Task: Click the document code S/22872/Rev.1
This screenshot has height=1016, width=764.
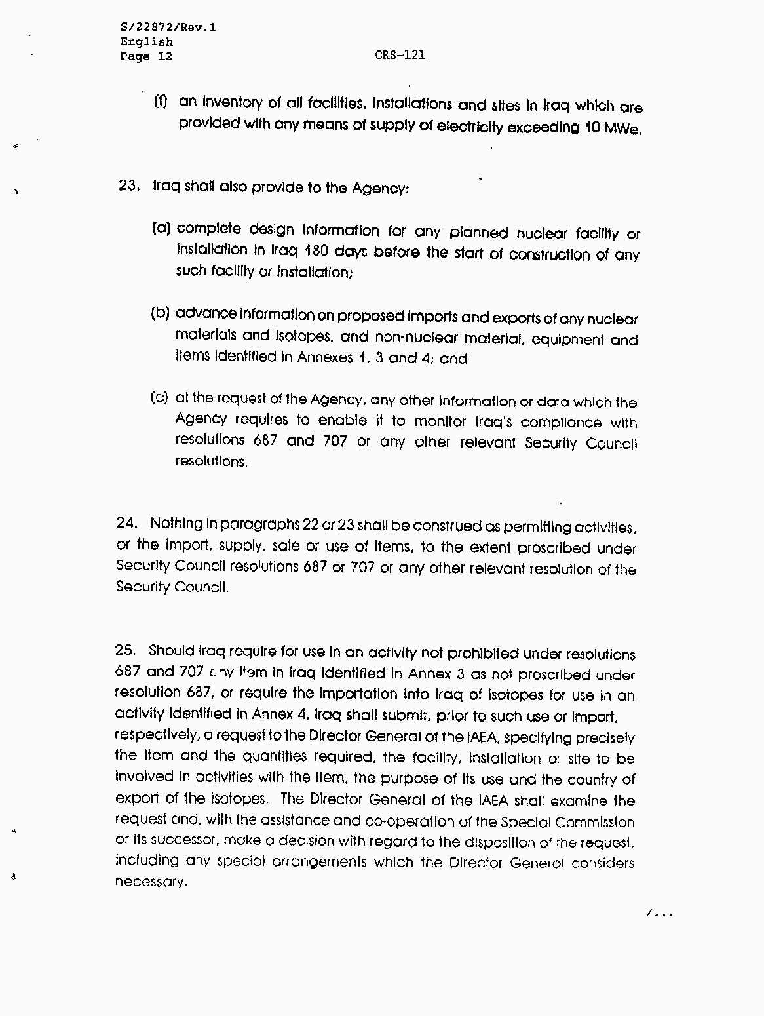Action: pos(168,28)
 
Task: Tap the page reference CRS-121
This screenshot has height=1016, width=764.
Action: pos(400,55)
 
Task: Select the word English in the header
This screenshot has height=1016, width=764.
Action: pos(146,42)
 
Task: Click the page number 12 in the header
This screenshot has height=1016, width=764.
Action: pos(165,56)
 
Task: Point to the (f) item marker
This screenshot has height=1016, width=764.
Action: pos(161,102)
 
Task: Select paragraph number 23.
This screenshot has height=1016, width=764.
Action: pos(128,186)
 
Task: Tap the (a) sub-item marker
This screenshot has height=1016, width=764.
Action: pos(161,228)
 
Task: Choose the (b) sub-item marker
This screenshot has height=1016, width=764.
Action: pos(161,313)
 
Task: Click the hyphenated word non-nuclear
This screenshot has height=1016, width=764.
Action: pos(416,338)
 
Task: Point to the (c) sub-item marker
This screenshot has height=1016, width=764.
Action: pos(160,397)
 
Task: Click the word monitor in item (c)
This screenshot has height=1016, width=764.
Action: pos(440,421)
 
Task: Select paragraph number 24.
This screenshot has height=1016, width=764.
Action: pos(126,522)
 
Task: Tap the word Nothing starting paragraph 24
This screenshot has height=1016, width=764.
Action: pos(176,524)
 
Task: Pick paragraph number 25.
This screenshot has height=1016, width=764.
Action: pos(124,650)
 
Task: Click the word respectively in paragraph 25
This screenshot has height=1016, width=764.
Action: pos(155,735)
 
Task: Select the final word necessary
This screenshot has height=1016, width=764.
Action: pos(151,882)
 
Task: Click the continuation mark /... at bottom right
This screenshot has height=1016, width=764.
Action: pos(659,912)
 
